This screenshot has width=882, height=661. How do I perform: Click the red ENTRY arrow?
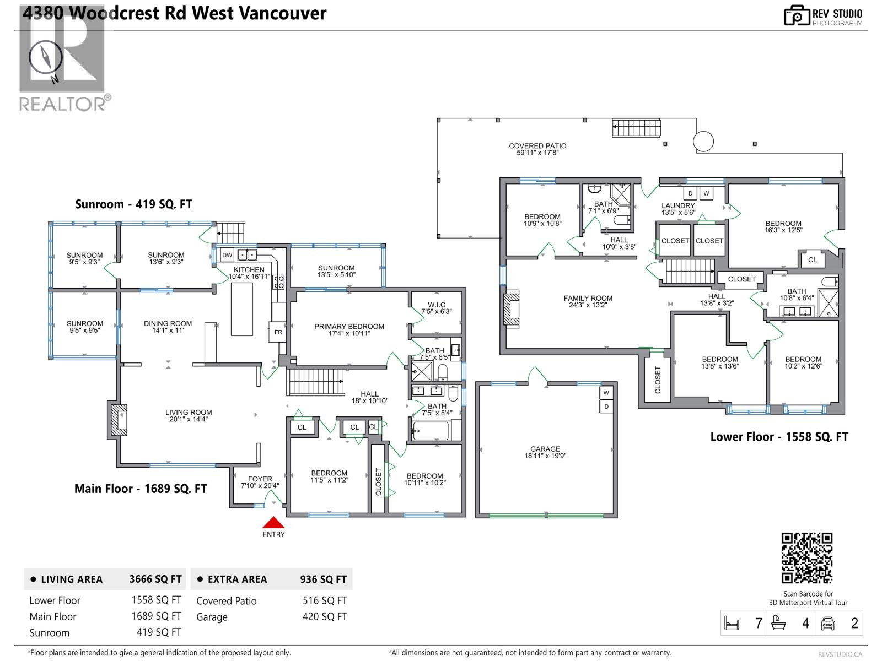coord(273,523)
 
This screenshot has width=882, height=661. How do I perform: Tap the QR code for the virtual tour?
coord(807,558)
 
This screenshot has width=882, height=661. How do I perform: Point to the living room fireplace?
coord(119,420)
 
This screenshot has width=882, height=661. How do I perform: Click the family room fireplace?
coord(511,309)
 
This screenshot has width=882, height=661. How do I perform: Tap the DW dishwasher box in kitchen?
coord(227,255)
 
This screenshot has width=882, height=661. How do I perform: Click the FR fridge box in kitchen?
coord(278,332)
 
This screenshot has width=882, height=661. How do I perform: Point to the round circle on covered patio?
coord(703,142)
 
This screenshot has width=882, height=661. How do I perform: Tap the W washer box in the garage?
coord(606,393)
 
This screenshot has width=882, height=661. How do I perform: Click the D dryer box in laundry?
coord(690,193)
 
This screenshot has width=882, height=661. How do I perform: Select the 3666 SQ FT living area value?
coord(155,579)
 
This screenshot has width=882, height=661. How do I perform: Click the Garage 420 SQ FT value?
coord(324,617)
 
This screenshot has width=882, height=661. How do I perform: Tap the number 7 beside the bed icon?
coord(759,623)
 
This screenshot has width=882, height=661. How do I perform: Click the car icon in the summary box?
coord(827,623)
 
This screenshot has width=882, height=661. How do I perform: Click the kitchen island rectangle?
coord(241,309)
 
